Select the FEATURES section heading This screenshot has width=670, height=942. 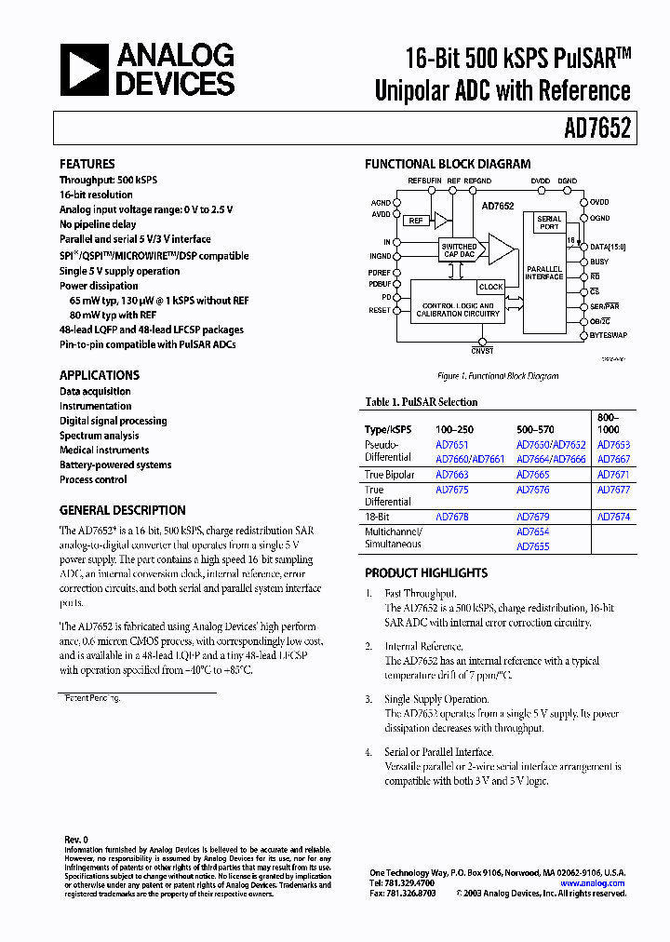(x=87, y=164)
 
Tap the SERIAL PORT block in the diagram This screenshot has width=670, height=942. (x=549, y=222)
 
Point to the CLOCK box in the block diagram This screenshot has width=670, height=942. (x=490, y=287)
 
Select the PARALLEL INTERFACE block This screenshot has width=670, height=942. (x=544, y=273)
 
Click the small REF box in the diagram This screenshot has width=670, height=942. (x=415, y=221)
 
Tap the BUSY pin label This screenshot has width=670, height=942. (x=599, y=262)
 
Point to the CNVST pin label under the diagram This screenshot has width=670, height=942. (x=482, y=352)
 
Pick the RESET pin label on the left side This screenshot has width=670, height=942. (x=380, y=310)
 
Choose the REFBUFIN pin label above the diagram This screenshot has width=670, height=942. (x=425, y=181)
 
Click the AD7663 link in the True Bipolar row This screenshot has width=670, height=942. (x=452, y=475)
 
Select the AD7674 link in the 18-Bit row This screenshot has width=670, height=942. (x=613, y=517)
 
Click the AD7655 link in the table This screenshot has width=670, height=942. (x=532, y=546)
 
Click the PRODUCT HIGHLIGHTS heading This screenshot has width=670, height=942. (x=426, y=573)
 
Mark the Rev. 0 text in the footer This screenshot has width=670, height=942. (x=75, y=839)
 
